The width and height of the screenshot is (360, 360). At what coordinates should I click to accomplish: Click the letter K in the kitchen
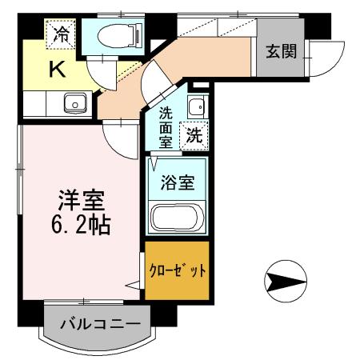[58, 70]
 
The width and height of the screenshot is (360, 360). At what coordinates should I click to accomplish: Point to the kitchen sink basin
[76, 103]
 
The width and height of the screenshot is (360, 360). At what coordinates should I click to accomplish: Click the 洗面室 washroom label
[166, 126]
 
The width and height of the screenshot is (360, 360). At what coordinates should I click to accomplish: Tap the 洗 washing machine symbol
[194, 136]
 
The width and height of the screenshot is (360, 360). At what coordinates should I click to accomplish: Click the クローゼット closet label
[178, 270]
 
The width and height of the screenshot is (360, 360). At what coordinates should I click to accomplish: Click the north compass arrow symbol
[286, 281]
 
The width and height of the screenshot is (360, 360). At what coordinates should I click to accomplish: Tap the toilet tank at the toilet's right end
[137, 35]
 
